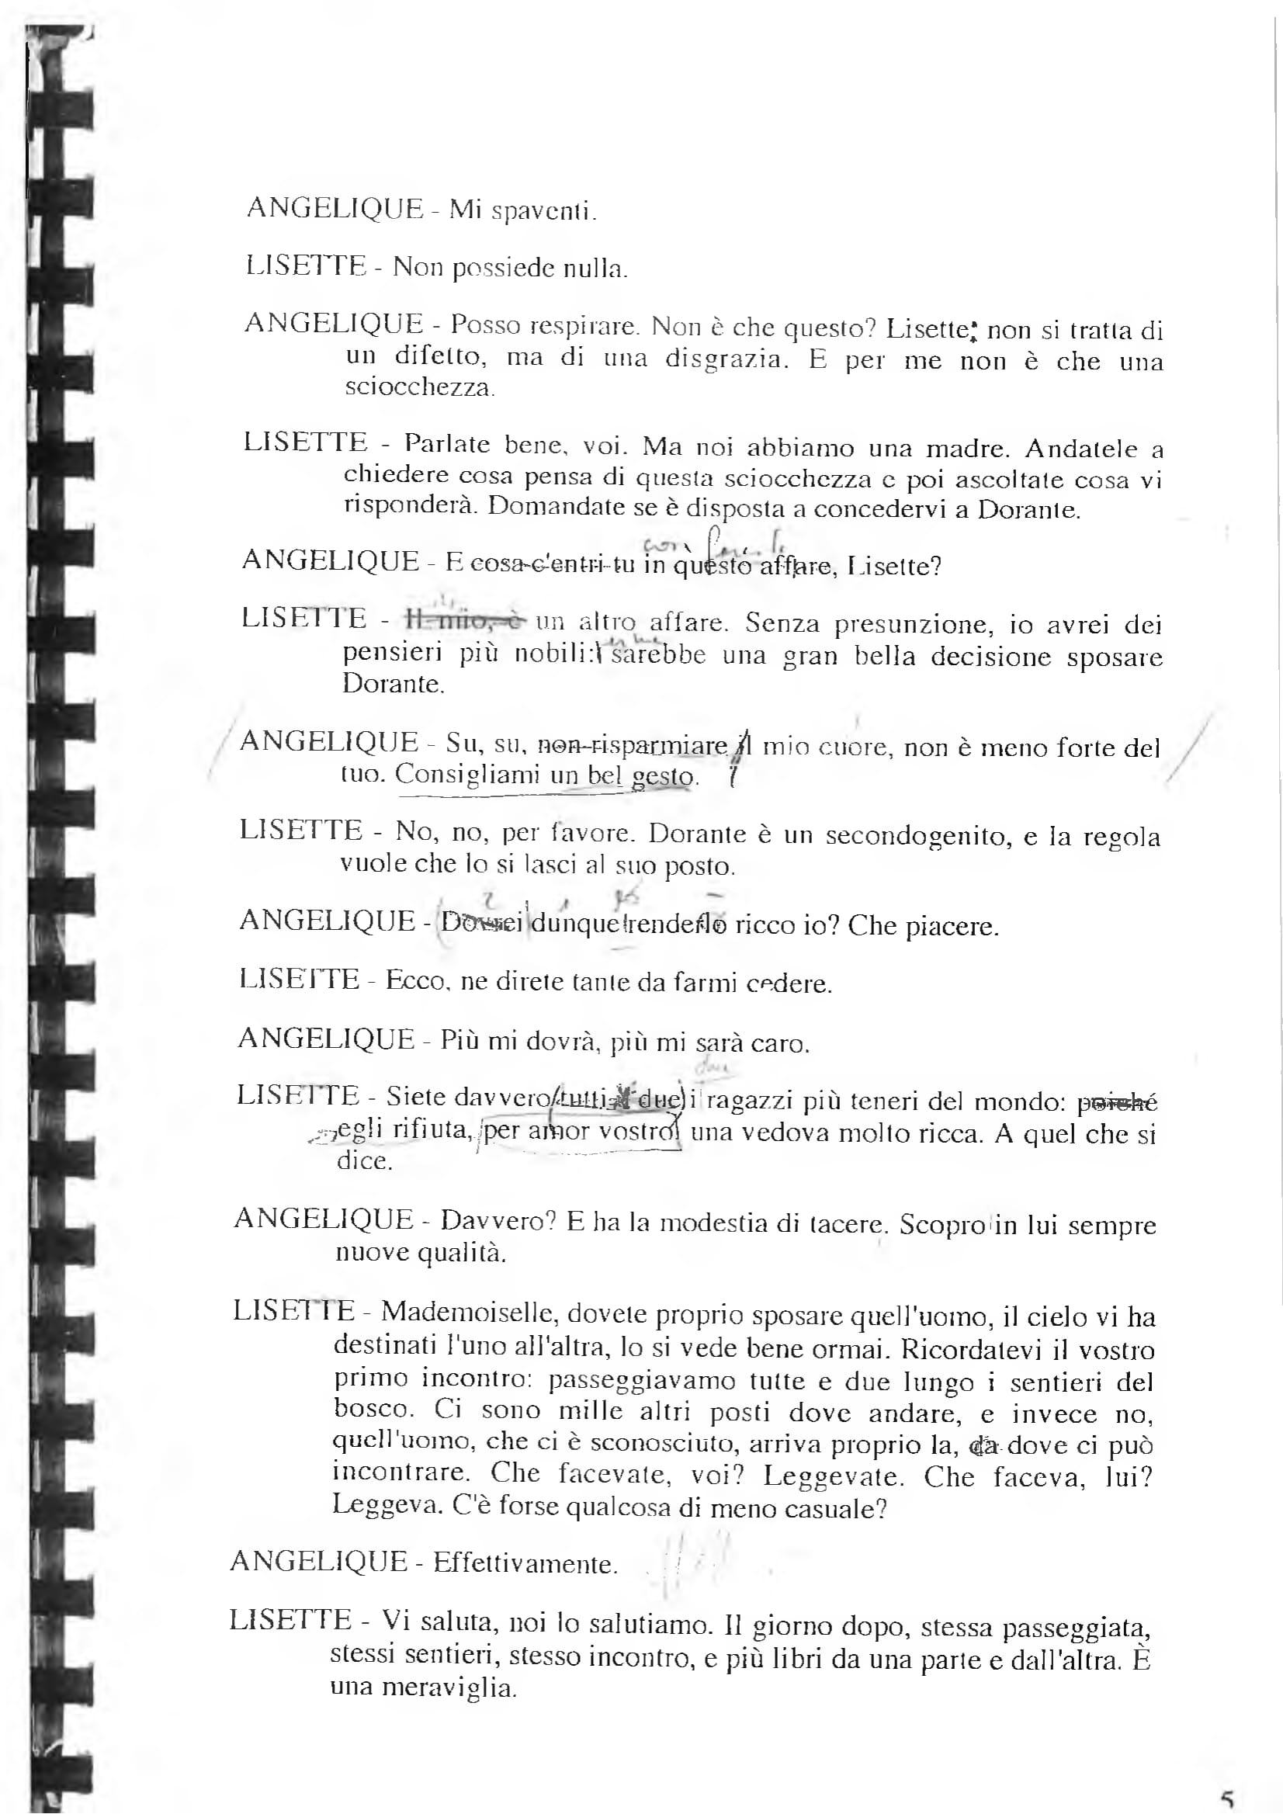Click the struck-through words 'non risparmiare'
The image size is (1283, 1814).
[632, 745]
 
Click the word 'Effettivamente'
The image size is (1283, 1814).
[524, 1563]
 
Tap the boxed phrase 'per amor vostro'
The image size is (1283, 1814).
[581, 1131]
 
